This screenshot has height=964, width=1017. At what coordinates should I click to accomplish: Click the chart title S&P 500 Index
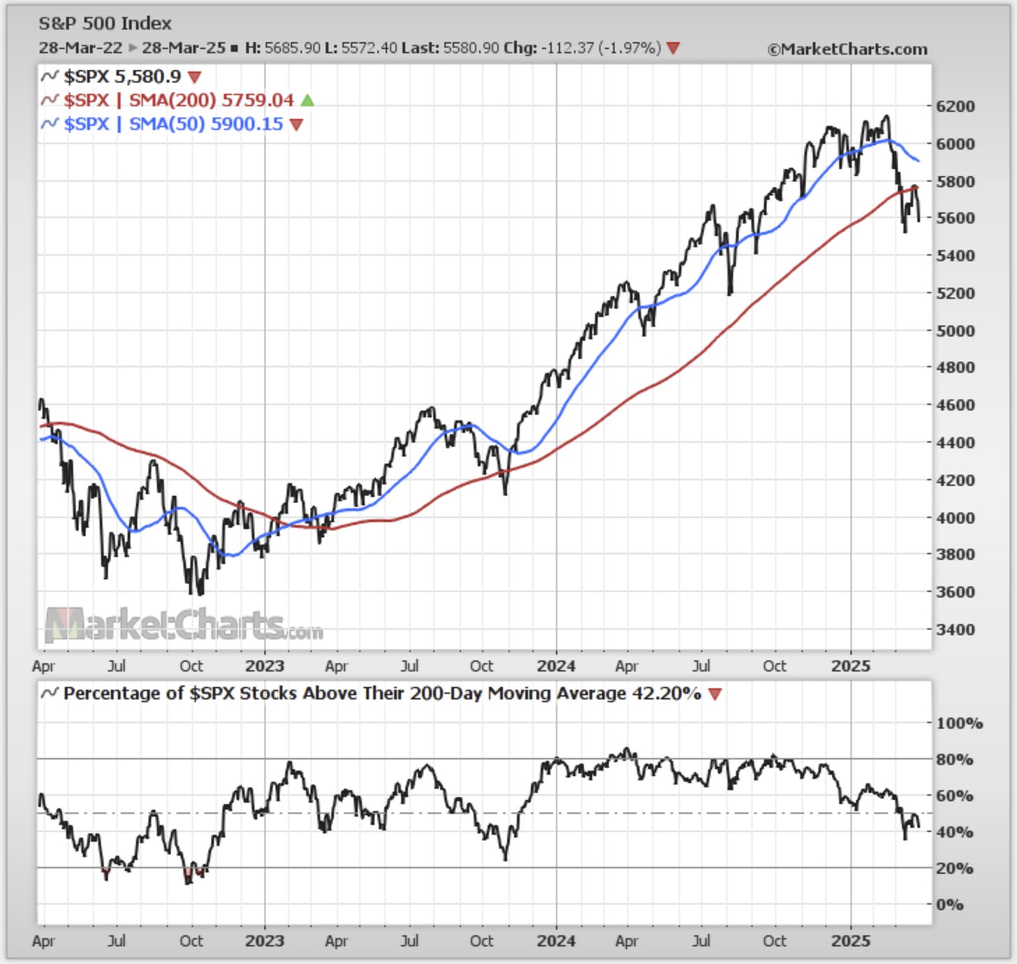105,24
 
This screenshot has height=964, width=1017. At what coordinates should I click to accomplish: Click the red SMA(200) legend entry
178,101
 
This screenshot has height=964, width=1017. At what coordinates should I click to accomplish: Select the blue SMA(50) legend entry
173,124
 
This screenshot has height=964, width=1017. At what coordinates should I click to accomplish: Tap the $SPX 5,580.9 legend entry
122,77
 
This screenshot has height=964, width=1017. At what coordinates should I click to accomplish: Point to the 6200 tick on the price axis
955,107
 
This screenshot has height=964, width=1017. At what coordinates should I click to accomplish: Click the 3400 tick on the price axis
955,629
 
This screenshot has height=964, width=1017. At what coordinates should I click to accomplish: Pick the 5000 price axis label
955,330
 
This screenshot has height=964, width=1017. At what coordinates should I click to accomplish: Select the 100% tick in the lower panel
959,724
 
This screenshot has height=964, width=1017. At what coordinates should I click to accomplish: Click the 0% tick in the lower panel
949,905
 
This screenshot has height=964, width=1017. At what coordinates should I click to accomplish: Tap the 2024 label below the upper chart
556,666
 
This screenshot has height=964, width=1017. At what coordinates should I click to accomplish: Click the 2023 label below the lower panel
265,942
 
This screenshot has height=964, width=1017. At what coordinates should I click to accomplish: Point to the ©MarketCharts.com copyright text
847,50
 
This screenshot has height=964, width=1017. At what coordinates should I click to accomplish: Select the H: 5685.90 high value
283,48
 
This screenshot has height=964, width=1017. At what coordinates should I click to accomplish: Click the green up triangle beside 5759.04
307,101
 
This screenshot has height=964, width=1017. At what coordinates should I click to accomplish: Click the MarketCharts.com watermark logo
184,625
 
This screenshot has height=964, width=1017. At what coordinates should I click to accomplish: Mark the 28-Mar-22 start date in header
80,48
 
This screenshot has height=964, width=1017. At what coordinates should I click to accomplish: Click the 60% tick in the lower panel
955,796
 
